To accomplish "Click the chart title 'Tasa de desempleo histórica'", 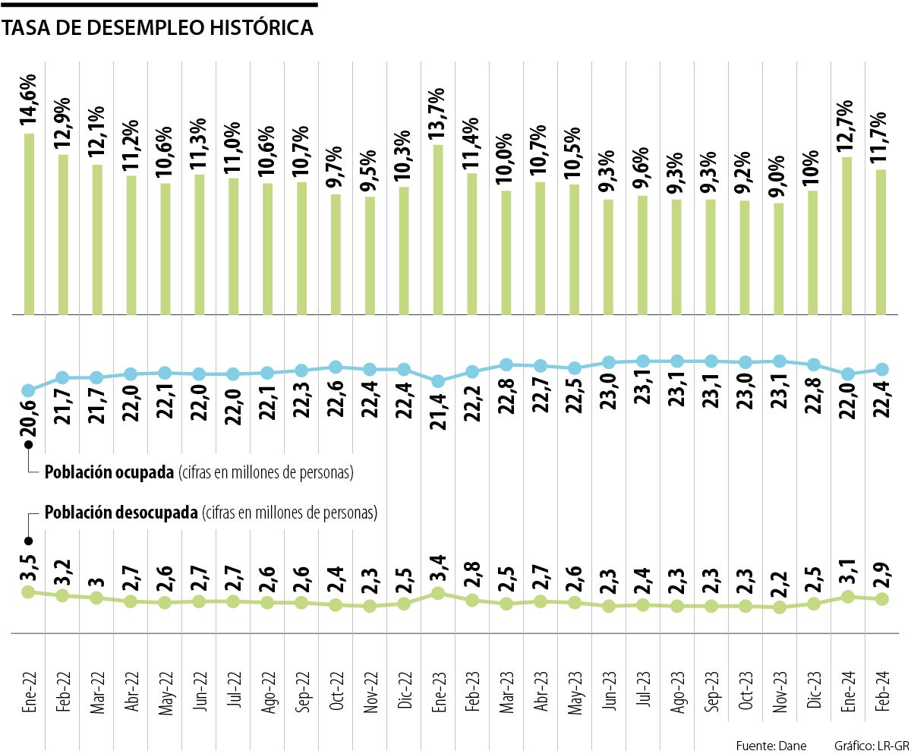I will pyautogui.click(x=158, y=28).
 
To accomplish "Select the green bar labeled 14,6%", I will pyautogui.click(x=30, y=224).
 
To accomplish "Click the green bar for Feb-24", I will pyautogui.click(x=881, y=241).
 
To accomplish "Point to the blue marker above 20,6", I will pyautogui.click(x=29, y=391).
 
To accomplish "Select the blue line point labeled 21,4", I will pyautogui.click(x=438, y=380).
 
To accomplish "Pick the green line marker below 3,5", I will pyautogui.click(x=29, y=592).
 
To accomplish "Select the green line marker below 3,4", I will pyautogui.click(x=438, y=593).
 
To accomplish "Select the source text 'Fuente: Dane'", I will pyautogui.click(x=771, y=744).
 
